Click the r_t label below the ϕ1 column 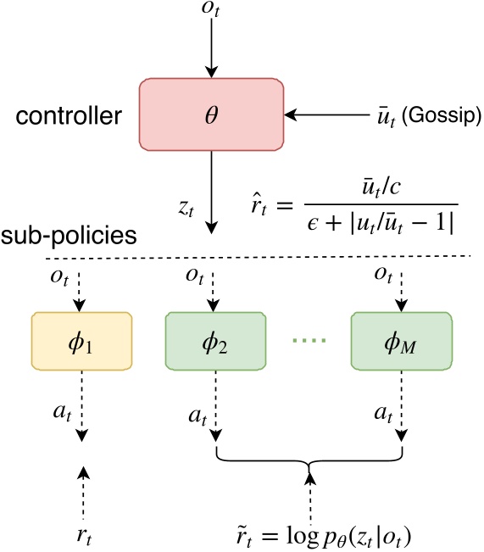[x=82, y=533]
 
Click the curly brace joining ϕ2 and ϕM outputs [x=309, y=458]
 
